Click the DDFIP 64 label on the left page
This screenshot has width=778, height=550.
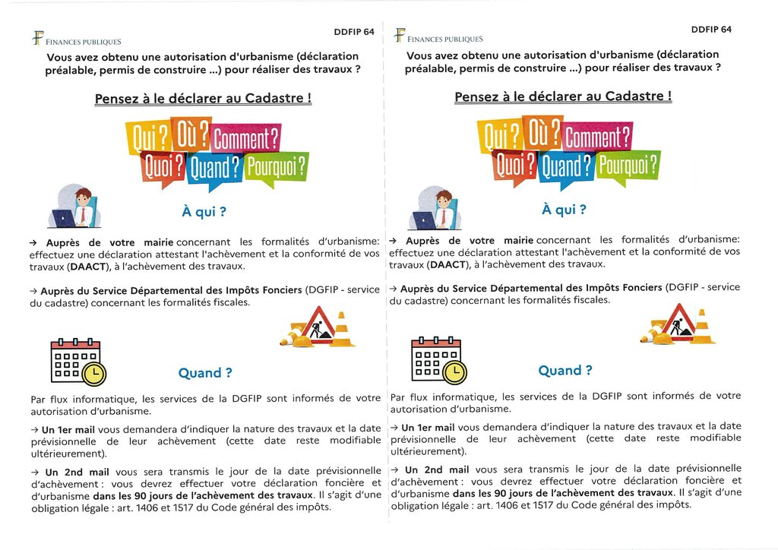coord(353,32)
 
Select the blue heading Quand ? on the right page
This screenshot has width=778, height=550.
coord(564,371)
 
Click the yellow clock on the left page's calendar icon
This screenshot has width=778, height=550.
coord(94,374)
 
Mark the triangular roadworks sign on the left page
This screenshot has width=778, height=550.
coord(317,324)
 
